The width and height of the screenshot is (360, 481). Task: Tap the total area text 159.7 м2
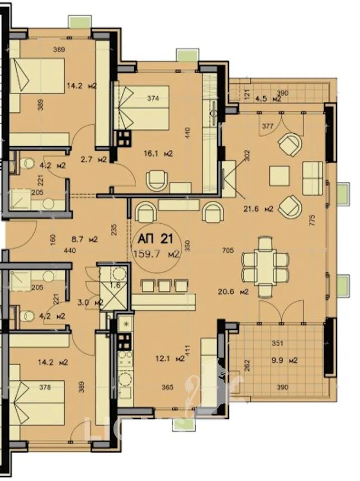pos(157,254)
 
